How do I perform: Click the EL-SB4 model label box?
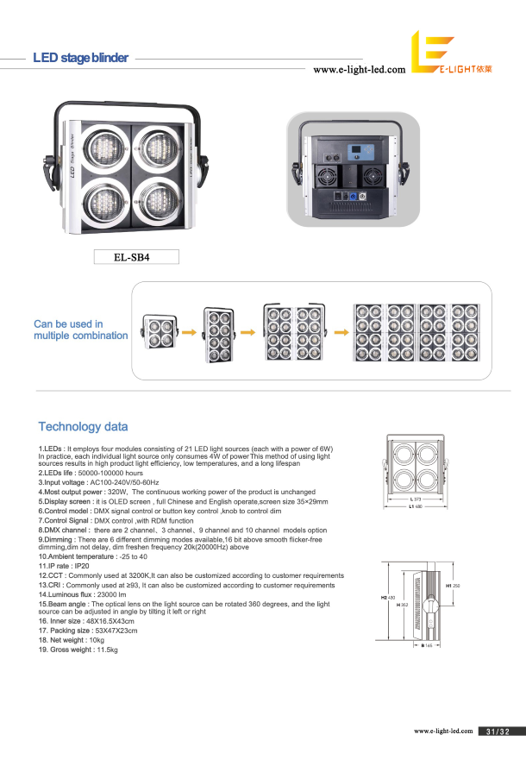(135, 256)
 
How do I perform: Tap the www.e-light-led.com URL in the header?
(359, 70)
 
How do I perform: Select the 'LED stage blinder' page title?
(80, 58)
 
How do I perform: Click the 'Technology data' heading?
(83, 426)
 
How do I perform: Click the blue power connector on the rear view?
(352, 196)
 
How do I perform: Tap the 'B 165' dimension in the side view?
(426, 644)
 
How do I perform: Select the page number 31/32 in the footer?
(498, 731)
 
